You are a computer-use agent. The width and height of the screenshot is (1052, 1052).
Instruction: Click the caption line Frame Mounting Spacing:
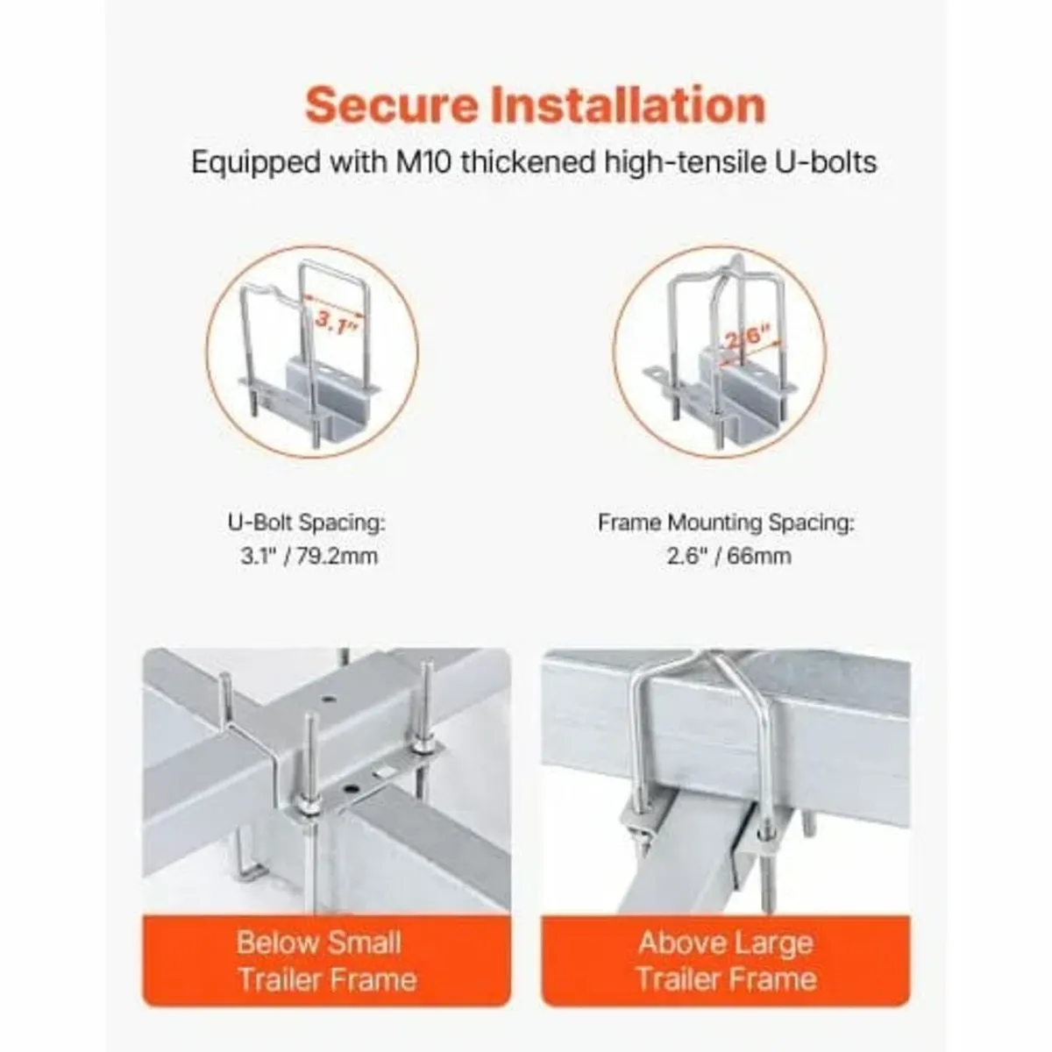click(x=726, y=523)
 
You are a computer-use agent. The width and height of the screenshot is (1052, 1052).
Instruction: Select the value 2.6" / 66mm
click(x=726, y=556)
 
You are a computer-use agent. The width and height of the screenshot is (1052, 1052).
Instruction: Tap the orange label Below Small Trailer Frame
click(x=326, y=960)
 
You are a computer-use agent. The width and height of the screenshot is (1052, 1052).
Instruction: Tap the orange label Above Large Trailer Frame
click(x=726, y=960)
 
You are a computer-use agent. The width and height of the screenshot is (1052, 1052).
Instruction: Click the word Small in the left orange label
click(x=360, y=943)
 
